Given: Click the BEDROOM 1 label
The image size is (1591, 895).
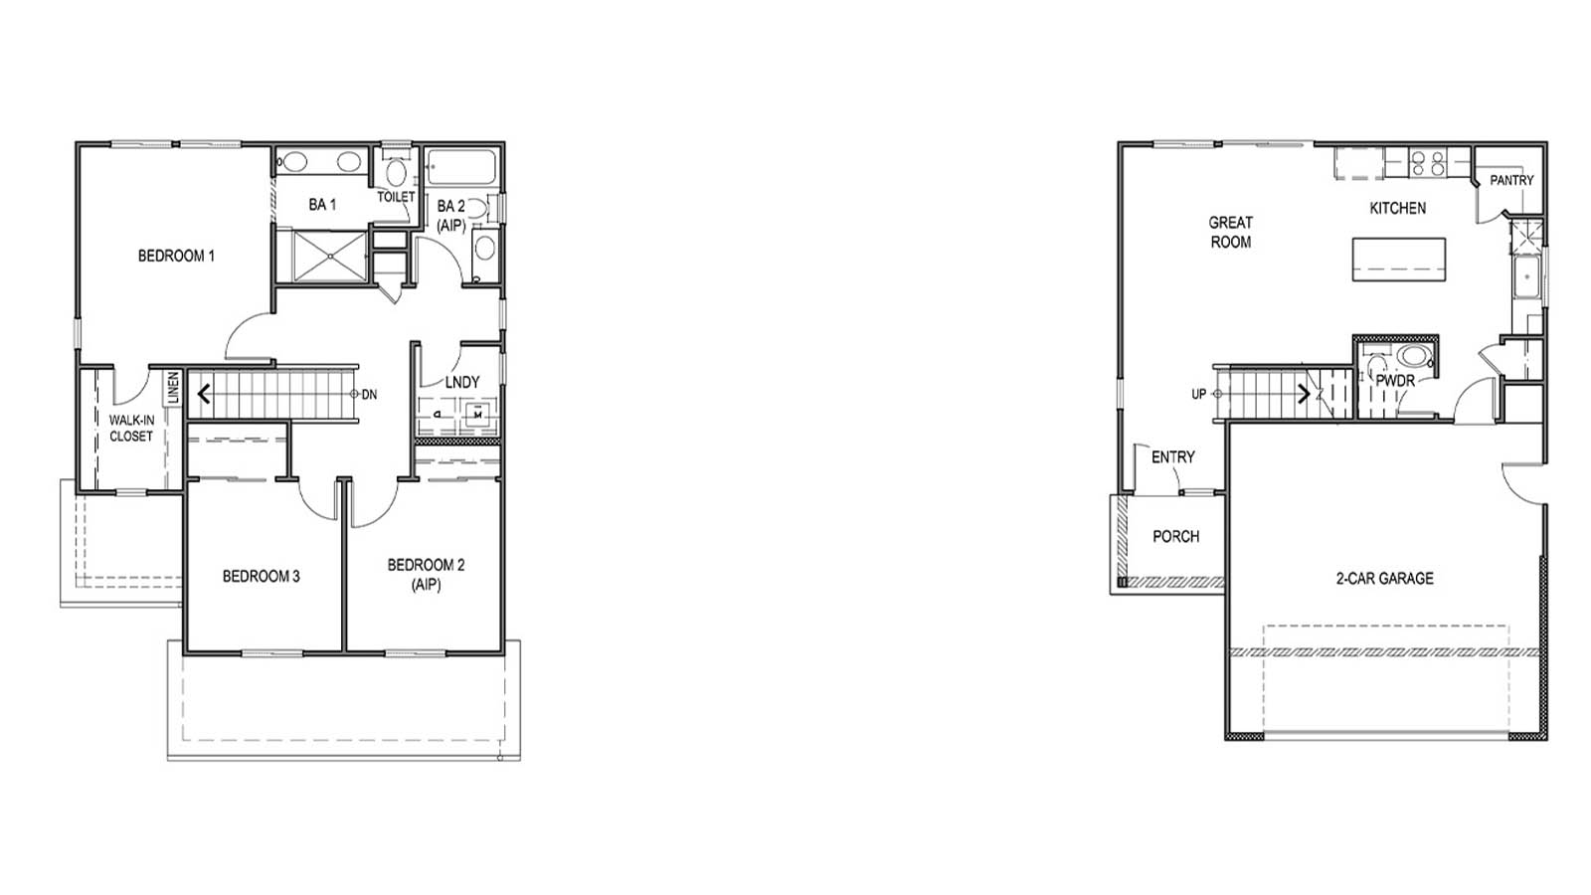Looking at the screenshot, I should tap(176, 256).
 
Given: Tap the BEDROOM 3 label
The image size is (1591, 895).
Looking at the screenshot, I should tap(261, 576).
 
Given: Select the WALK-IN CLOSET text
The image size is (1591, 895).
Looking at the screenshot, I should tap(131, 429).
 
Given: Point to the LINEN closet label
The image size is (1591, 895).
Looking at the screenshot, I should tap(173, 388).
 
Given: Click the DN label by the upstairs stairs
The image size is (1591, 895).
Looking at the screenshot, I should tap(369, 395).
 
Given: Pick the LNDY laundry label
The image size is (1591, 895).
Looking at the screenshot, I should tap(462, 382).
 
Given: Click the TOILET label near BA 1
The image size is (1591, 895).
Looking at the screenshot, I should tap(396, 197).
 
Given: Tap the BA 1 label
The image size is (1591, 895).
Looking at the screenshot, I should tap(322, 204).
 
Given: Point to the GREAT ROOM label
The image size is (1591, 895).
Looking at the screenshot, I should tap(1231, 232).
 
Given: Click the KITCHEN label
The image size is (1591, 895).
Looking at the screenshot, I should tap(1397, 208).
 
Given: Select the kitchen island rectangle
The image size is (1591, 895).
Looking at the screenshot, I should tap(1398, 259).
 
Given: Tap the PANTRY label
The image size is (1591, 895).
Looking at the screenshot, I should tap(1511, 180).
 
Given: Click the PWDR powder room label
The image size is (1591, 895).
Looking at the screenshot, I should tap(1395, 381).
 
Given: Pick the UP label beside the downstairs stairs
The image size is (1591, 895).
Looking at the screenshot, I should tap(1199, 395).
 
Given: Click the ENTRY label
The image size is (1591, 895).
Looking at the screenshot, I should tap(1173, 457).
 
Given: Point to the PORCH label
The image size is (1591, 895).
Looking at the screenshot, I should tap(1175, 537).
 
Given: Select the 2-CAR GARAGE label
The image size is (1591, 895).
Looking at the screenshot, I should tap(1384, 578).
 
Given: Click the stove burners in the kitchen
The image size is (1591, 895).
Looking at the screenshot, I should tap(1428, 162).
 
